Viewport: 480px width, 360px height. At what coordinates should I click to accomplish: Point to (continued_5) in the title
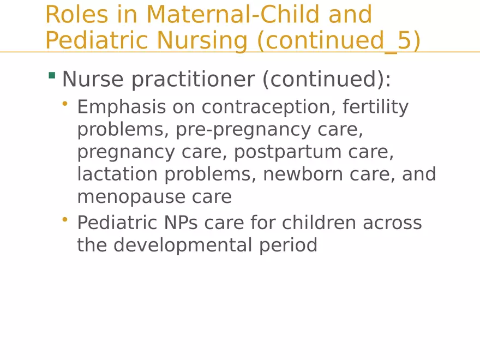pyautogui.click(x=339, y=41)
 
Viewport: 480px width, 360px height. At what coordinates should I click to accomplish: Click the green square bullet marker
pyautogui.click(x=52, y=75)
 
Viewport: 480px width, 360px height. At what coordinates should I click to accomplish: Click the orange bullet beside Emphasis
pyautogui.click(x=65, y=103)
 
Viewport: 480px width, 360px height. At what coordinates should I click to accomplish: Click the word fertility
pyautogui.click(x=376, y=107)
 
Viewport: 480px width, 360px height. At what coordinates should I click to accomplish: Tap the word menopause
pyautogui.click(x=128, y=197)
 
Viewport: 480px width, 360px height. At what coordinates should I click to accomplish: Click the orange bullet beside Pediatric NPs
pyautogui.click(x=65, y=219)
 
